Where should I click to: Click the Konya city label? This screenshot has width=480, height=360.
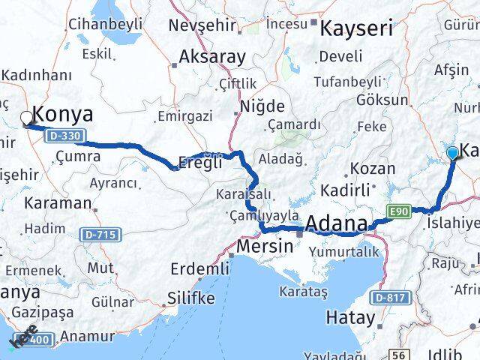click(64, 115)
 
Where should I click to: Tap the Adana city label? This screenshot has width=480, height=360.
click(336, 223)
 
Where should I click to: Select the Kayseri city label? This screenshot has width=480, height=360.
click(356, 28)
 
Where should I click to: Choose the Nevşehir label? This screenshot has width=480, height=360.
click(202, 25)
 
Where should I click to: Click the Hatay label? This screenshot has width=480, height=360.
click(350, 318)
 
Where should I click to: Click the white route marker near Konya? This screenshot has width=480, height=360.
click(27, 117)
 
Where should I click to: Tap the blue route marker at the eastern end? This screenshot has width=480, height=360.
click(452, 154)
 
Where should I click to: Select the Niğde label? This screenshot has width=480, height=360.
click(262, 106)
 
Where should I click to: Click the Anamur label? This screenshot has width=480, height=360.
click(87, 337)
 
